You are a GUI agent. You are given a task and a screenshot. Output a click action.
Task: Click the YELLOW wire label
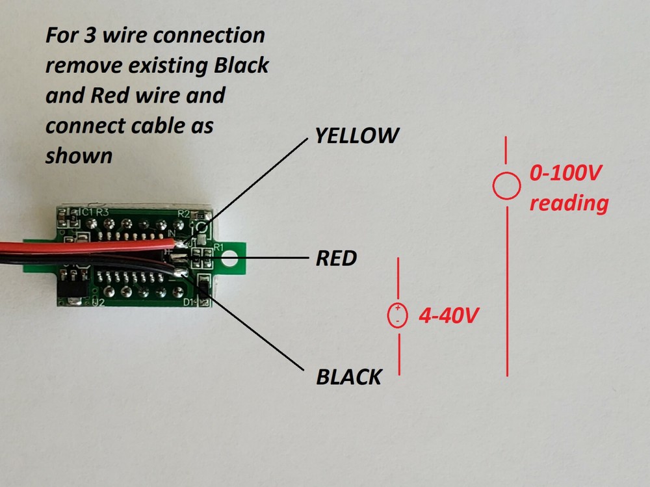tap(356, 136)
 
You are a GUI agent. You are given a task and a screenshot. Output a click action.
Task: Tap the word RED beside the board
tap(336, 259)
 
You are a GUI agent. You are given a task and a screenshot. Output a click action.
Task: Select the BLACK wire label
tap(348, 376)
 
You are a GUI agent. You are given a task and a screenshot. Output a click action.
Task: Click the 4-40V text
tap(449, 317)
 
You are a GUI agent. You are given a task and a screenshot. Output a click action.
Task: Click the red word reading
tap(569, 204)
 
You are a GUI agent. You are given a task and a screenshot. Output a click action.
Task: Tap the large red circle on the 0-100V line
tap(506, 187)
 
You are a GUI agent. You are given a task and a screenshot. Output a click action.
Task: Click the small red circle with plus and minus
tap(397, 315)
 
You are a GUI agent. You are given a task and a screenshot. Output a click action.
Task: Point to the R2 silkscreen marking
tap(183, 213)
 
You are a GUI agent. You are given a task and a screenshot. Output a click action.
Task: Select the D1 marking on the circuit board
tap(189, 303)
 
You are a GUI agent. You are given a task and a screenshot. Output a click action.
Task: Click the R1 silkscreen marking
tap(218, 247)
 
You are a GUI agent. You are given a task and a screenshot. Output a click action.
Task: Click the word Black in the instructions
tap(241, 66)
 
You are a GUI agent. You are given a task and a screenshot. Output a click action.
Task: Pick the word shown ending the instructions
tap(79, 156)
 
